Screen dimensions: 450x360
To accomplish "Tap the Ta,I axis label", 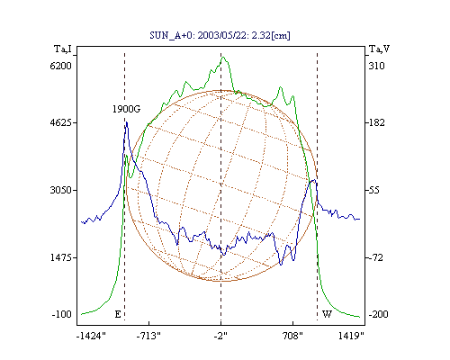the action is click(x=63, y=49).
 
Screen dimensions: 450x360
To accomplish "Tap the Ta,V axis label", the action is click(x=379, y=49).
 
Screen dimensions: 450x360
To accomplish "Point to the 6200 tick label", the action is click(x=61, y=66).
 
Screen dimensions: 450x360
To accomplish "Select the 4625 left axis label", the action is click(x=61, y=122).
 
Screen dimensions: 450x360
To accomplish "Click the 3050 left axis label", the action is click(x=61, y=190).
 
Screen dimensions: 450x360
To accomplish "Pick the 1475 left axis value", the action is click(x=61, y=257).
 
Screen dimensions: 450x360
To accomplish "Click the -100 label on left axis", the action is click(x=62, y=314).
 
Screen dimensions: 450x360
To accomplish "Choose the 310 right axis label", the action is click(x=376, y=66).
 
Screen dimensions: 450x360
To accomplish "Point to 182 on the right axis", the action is click(x=376, y=122).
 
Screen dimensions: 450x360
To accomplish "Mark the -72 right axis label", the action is click(x=375, y=257).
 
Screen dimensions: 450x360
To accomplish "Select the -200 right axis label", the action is click(x=378, y=314).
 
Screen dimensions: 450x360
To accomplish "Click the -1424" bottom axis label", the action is click(x=91, y=336).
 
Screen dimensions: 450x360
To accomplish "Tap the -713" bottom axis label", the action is click(x=148, y=336).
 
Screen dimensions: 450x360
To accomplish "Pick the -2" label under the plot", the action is click(x=220, y=336).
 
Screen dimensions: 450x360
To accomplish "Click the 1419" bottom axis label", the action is click(x=351, y=336).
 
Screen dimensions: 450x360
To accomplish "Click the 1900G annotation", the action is click(x=126, y=109).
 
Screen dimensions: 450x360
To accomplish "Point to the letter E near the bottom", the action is click(x=118, y=314).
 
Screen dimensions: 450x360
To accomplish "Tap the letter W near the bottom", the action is click(x=327, y=314).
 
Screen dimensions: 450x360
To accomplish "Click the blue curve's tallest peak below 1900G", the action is click(x=127, y=122).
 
